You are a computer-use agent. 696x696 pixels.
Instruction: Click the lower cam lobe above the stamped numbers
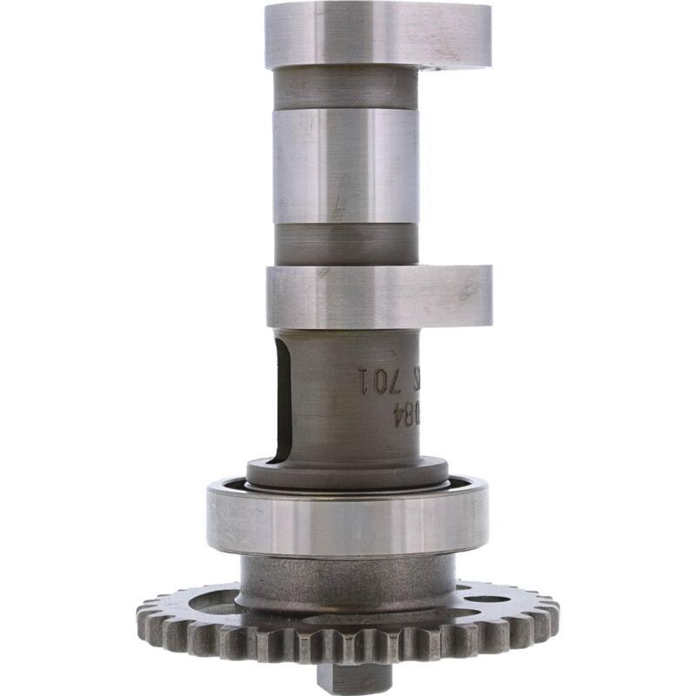[378, 296]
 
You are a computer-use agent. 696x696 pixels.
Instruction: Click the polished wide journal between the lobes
[344, 165]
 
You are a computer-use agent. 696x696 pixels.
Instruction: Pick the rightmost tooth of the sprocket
[553, 614]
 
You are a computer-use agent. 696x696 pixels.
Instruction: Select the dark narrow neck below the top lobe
[344, 87]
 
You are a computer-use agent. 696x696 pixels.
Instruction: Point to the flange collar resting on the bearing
[348, 472]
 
